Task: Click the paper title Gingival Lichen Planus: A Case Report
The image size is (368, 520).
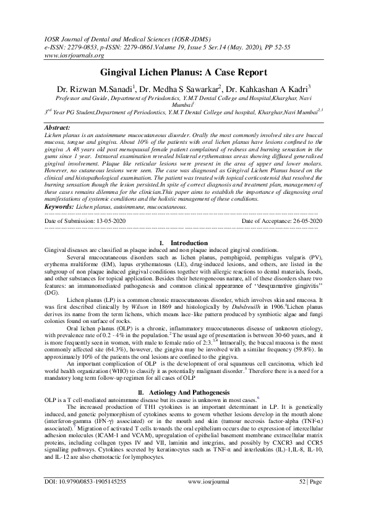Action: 184,72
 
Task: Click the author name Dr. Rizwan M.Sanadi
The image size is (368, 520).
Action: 105,88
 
